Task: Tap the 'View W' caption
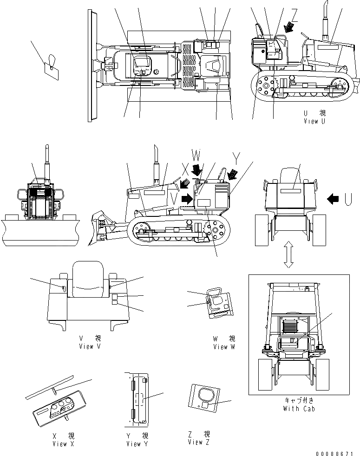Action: [224, 346]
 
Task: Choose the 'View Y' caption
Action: [137, 443]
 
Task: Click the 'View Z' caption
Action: [199, 442]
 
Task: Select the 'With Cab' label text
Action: [298, 409]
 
